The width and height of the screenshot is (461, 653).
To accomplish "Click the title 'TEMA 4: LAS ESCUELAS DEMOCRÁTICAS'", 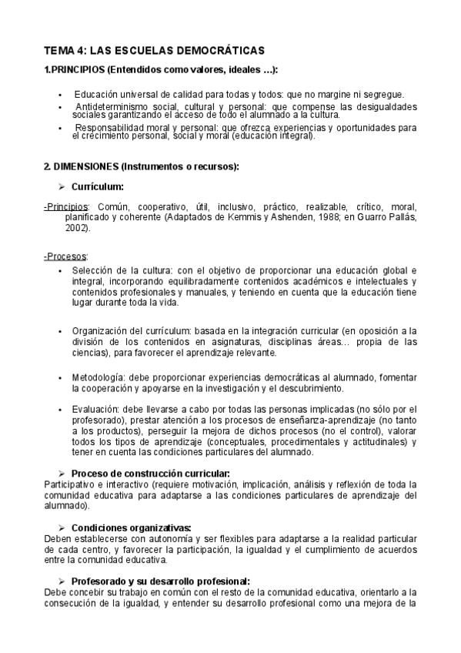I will click(x=154, y=50).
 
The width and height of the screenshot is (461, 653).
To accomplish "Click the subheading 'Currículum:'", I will click(x=98, y=186).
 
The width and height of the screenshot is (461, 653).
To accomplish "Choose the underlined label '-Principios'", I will click(x=66, y=208).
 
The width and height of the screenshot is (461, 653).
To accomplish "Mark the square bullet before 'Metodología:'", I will click(x=60, y=378).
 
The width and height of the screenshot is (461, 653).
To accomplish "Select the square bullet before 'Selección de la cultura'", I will click(x=60, y=271).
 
